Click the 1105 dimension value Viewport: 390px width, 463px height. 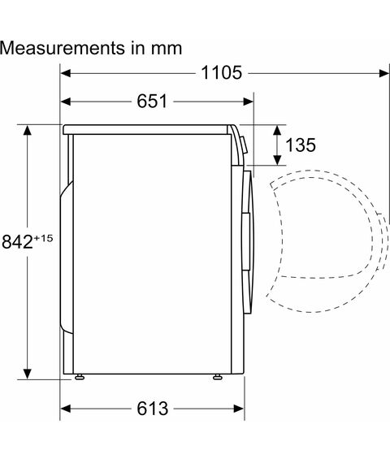(x=222, y=72)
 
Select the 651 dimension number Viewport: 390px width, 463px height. (x=152, y=102)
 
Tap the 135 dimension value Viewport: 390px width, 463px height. (x=301, y=145)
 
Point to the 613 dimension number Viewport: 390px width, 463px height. (x=153, y=409)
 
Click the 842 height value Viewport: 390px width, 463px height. (x=17, y=242)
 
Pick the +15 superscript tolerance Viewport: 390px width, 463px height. (x=43, y=238)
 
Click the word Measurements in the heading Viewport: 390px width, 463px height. (x=63, y=48)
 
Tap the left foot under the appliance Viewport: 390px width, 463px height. (x=80, y=377)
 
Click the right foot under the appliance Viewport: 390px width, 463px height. (x=218, y=377)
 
